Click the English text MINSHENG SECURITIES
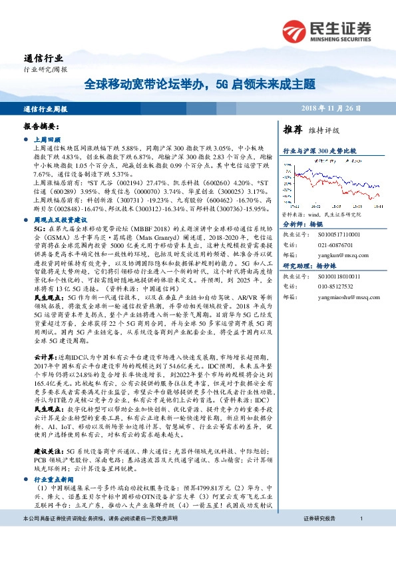340,39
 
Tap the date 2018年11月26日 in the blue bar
349,108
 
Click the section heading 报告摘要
41,126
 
